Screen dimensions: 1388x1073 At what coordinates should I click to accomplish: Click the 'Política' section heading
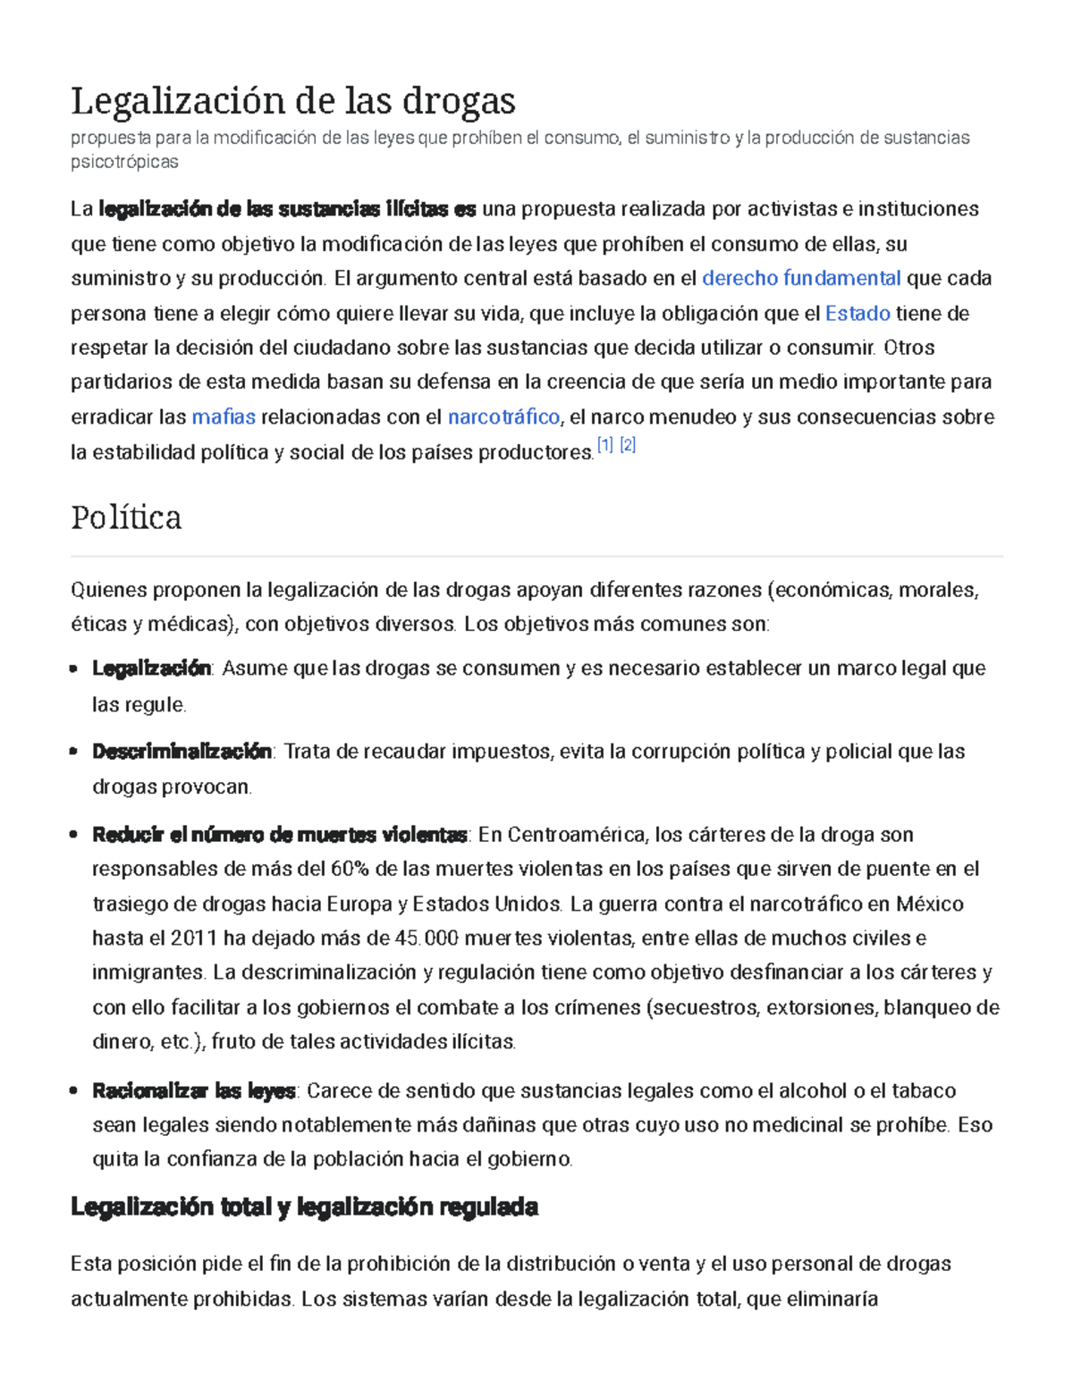point(126,517)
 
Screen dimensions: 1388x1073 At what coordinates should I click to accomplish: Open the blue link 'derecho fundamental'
point(801,278)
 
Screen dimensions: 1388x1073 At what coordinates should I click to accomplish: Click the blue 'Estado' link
point(857,313)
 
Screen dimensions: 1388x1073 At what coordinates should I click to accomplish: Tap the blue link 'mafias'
point(224,416)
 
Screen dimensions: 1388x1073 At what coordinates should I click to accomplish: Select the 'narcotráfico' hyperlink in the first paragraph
point(503,416)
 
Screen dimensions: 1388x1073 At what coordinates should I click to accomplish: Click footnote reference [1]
point(605,445)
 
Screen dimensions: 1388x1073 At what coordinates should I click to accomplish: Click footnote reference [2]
point(628,445)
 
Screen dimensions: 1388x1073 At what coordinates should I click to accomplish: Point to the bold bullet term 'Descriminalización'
point(182,752)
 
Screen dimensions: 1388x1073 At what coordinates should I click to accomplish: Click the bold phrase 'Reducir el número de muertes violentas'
point(279,835)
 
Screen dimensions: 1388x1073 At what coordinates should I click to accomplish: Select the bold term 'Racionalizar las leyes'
point(194,1090)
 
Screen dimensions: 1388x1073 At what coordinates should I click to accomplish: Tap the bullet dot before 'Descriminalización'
point(74,752)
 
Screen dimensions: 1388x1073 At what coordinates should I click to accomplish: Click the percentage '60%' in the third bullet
point(350,869)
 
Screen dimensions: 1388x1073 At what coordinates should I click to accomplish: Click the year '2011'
point(194,938)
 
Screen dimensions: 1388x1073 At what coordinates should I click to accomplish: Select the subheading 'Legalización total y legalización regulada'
point(304,1207)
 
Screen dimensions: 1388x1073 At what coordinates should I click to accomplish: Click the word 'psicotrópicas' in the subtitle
point(124,162)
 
